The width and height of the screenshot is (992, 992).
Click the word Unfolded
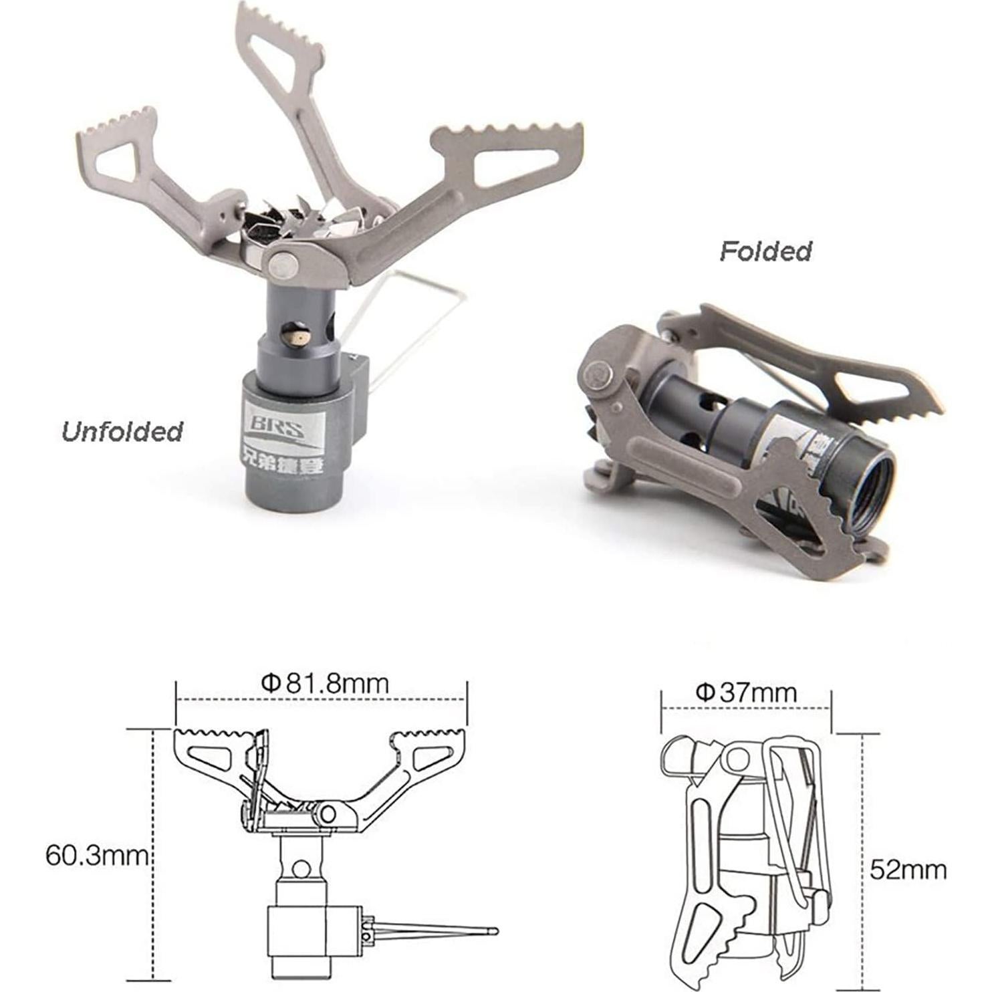pos(122,432)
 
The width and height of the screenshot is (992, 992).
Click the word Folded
pos(765,251)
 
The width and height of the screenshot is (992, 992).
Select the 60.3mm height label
pos(96,855)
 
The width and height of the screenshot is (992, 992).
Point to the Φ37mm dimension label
pos(746,692)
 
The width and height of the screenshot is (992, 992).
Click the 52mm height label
pos(908,869)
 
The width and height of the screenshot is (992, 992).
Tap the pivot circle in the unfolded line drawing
pos(328,814)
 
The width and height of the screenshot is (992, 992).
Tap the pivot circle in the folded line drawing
pos(737,759)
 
